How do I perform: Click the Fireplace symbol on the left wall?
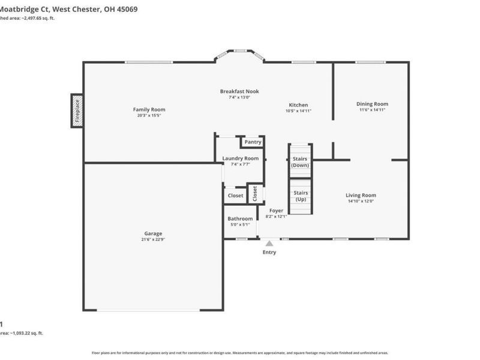(77, 110)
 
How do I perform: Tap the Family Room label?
(149, 109)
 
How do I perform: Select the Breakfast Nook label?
(239, 91)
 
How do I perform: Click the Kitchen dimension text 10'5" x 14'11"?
(298, 110)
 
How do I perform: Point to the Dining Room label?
(373, 104)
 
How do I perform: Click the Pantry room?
(253, 142)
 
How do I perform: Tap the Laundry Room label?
(240, 158)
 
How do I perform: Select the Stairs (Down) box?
(300, 161)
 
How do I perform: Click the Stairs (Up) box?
(301, 196)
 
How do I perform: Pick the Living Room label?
(361, 195)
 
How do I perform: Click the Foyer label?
(276, 211)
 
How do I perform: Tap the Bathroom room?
(240, 222)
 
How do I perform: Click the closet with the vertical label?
(255, 193)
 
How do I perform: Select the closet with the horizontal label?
(235, 196)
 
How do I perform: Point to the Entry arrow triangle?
(269, 243)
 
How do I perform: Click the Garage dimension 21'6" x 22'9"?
(152, 239)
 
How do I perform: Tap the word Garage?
(152, 233)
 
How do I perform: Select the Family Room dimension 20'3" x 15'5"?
(149, 115)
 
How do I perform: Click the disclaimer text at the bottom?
(240, 353)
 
